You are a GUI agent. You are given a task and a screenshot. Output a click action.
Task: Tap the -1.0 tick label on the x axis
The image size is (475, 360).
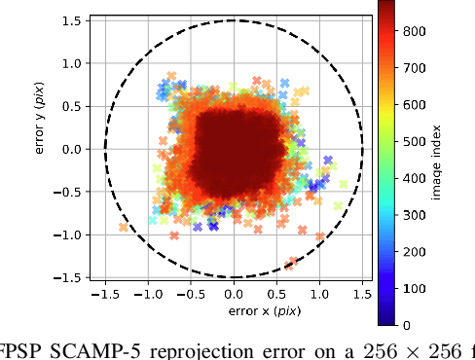[x=146, y=294]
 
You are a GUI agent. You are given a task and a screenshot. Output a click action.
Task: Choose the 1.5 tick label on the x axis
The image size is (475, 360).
[x=362, y=294]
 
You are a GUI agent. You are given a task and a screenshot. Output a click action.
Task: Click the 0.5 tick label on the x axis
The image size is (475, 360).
[x=276, y=294]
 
